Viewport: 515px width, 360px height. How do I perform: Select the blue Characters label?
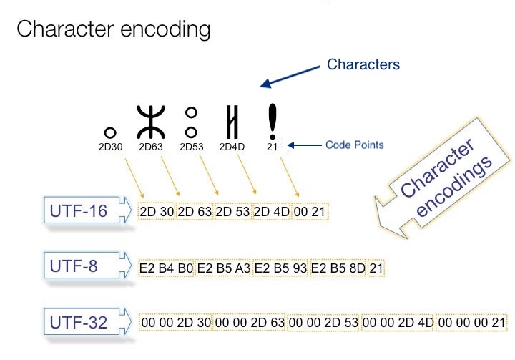(x=363, y=64)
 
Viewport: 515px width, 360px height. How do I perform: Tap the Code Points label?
(x=355, y=145)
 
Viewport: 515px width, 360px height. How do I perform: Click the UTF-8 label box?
(x=81, y=268)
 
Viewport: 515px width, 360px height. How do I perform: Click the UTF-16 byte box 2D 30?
(x=157, y=212)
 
